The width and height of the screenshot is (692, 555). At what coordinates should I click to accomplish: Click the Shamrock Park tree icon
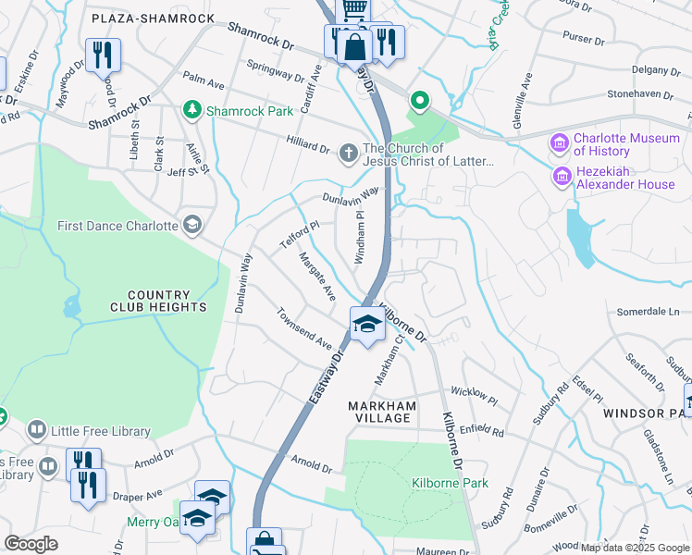click(192, 111)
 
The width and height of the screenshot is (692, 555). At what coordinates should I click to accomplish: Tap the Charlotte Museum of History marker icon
click(560, 143)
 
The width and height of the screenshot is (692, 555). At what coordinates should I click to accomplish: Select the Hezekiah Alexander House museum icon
click(560, 176)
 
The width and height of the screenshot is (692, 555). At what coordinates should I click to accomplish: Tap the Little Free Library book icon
click(36, 430)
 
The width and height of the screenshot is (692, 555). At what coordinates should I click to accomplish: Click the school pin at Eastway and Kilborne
click(367, 325)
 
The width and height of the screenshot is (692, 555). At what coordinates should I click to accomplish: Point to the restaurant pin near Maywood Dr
click(103, 54)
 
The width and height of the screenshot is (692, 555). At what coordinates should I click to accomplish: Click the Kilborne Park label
click(437, 483)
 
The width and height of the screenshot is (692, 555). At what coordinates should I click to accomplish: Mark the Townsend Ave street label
click(303, 328)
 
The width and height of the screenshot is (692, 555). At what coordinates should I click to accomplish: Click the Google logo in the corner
click(31, 543)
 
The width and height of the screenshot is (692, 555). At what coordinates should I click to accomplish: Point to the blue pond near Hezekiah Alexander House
click(580, 235)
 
